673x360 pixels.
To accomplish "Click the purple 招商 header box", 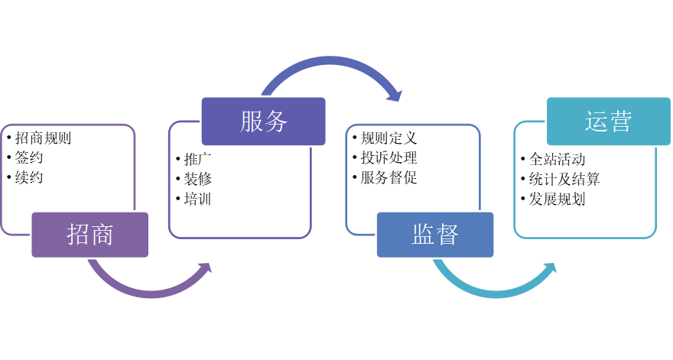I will [x=90, y=234].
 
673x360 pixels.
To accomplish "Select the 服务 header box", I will [x=263, y=121].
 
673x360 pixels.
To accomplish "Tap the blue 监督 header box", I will [x=435, y=234].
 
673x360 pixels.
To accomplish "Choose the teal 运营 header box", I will [x=608, y=121].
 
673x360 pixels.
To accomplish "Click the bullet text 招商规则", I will [x=43, y=138].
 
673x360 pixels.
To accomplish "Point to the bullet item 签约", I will [x=29, y=158].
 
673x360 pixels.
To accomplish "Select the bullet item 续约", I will [x=29, y=177].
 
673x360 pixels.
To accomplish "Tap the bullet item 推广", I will [x=197, y=160].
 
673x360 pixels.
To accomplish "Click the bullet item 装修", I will [x=197, y=180].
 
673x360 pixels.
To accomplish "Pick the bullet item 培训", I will [x=197, y=199].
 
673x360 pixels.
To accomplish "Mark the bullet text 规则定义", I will [x=389, y=138].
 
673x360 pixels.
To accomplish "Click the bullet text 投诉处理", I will [x=389, y=158].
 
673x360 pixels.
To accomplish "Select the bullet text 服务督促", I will [x=389, y=177].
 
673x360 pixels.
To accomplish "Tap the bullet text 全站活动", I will [x=557, y=160].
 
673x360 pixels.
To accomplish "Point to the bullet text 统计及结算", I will [x=564, y=180].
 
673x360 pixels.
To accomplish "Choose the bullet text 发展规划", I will [x=557, y=199].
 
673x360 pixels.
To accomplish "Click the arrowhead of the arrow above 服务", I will [x=393, y=94].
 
